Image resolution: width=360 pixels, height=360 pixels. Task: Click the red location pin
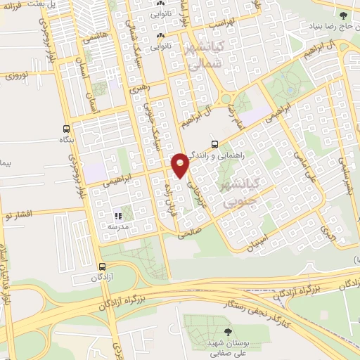click(x=181, y=165)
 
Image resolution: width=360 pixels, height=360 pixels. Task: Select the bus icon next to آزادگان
click(x=103, y=266)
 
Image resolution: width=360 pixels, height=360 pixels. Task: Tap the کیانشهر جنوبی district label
click(x=240, y=192)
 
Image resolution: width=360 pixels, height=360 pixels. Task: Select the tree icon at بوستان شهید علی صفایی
click(x=226, y=331)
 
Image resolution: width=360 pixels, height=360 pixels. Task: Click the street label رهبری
click(x=139, y=89)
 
